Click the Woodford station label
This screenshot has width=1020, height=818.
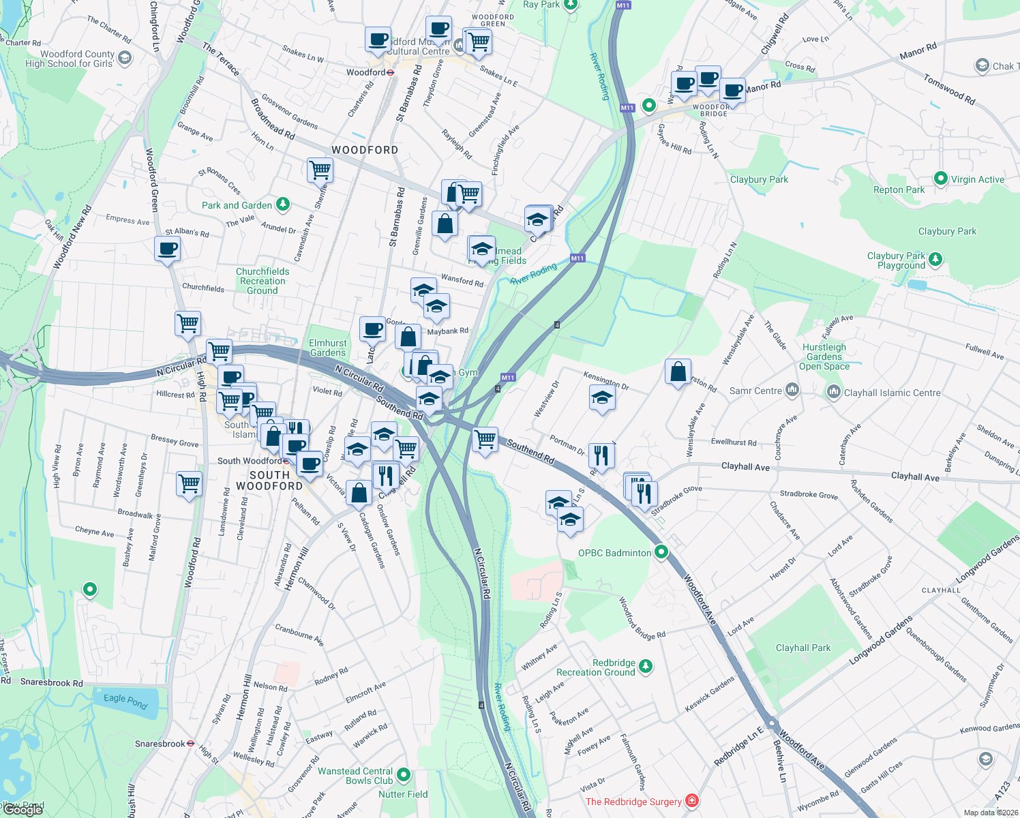(366, 72)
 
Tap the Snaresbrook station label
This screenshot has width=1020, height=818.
(160, 744)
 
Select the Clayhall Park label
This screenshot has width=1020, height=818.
(803, 648)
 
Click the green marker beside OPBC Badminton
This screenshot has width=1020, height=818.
(661, 552)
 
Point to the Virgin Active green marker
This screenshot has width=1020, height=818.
(941, 179)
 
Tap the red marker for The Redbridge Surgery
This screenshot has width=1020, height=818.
(692, 800)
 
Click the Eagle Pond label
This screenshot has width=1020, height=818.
(125, 701)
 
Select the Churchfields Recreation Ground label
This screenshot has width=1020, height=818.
(262, 281)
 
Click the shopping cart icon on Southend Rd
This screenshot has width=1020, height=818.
(485, 440)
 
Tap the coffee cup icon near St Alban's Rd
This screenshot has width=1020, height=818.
(167, 249)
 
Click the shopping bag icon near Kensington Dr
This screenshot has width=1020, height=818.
(678, 372)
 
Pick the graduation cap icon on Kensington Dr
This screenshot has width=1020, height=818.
(601, 398)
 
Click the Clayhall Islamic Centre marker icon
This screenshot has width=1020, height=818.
(833, 392)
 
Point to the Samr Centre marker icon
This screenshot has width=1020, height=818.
(792, 390)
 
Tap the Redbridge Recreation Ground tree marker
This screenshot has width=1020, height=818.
(646, 666)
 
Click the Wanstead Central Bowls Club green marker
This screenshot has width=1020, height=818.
(404, 774)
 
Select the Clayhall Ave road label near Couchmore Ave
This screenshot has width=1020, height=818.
(745, 467)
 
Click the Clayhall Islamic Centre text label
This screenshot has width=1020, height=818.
(892, 393)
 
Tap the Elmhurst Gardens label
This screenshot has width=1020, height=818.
(328, 348)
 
